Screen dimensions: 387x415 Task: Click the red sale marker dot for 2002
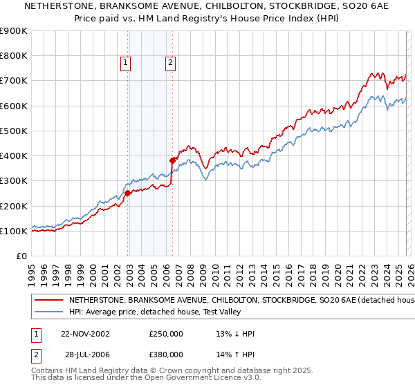(128, 193)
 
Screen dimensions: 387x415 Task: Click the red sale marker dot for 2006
(172, 160)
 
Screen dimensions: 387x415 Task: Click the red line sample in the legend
(48, 301)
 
